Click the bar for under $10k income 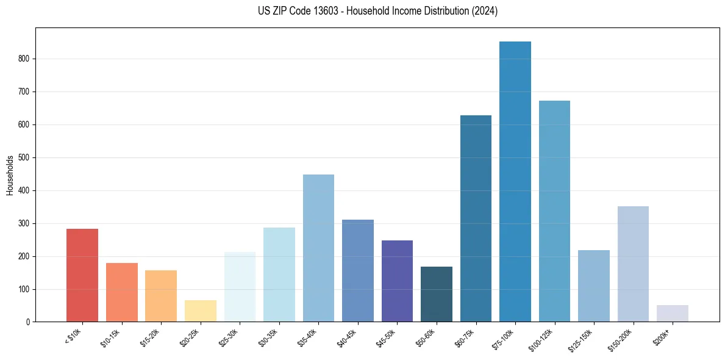pyautogui.click(x=82, y=275)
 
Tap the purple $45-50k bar pyautogui.click(x=397, y=281)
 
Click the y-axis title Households pyautogui.click(x=10, y=175)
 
